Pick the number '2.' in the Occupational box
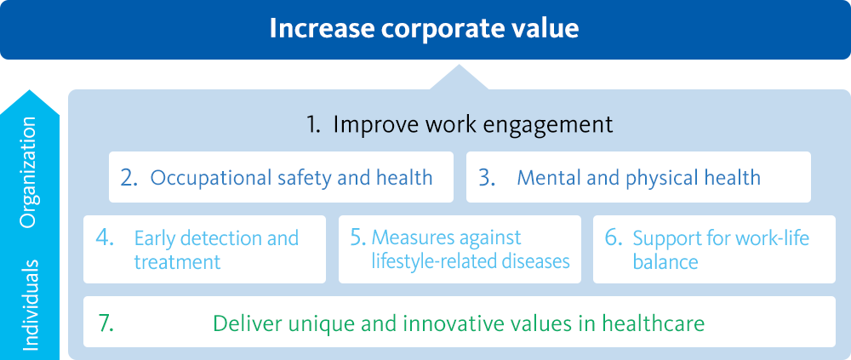point(129,178)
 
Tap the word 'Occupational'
point(210,179)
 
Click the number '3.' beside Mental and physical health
point(487,178)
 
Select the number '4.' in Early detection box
point(105,238)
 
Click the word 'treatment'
point(177,262)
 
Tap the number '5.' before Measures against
point(359,237)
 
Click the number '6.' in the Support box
point(614,238)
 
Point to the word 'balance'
point(665,262)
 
